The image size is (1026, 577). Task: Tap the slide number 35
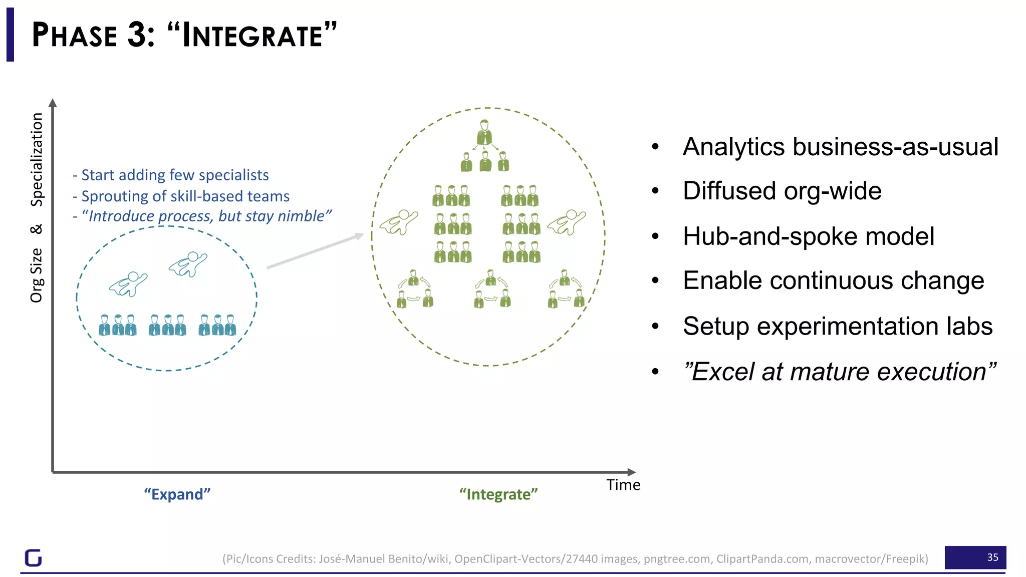pyautogui.click(x=992, y=557)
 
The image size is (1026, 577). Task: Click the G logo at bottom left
pyautogui.click(x=34, y=557)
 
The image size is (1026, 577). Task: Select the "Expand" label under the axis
pyautogui.click(x=177, y=494)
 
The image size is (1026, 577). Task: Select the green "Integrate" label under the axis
pyautogui.click(x=498, y=494)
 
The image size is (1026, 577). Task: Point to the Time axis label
pyautogui.click(x=623, y=484)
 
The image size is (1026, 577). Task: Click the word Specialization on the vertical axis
pyautogui.click(x=37, y=159)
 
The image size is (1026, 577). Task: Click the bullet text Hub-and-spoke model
pyautogui.click(x=808, y=236)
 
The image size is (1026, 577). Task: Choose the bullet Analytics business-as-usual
pyautogui.click(x=840, y=147)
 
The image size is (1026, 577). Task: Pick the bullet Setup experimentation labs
pyautogui.click(x=837, y=326)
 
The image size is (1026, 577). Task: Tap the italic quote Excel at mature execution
pyautogui.click(x=839, y=372)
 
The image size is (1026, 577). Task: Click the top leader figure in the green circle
pyautogui.click(x=484, y=132)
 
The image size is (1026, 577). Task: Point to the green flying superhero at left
pyautogui.click(x=399, y=222)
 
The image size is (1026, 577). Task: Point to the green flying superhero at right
pyautogui.click(x=567, y=222)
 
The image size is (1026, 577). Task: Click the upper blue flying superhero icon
pyautogui.click(x=188, y=263)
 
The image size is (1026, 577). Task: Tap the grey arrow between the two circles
pyautogui.click(x=315, y=250)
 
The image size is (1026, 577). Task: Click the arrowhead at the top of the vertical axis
pyautogui.click(x=53, y=103)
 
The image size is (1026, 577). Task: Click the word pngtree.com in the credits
pyautogui.click(x=677, y=558)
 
